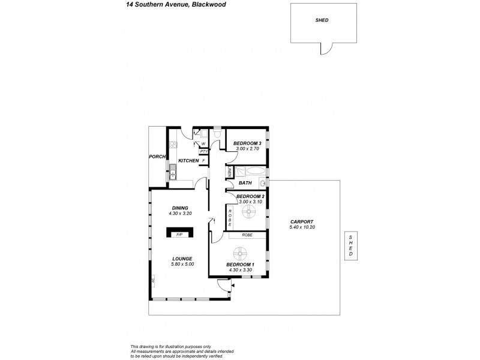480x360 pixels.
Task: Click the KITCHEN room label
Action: click(188, 161)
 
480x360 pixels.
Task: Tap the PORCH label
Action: click(157, 157)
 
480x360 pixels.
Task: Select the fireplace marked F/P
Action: click(179, 233)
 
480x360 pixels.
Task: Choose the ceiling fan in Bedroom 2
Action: click(250, 212)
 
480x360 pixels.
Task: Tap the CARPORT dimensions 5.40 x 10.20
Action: click(302, 227)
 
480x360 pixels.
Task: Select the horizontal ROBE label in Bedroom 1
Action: click(247, 235)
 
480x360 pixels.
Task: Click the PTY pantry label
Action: click(203, 152)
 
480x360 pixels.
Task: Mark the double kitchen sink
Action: click(172, 172)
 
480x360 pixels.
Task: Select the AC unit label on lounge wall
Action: click(154, 280)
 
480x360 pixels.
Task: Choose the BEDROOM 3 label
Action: click(248, 143)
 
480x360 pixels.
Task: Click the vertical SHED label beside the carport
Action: click(351, 246)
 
